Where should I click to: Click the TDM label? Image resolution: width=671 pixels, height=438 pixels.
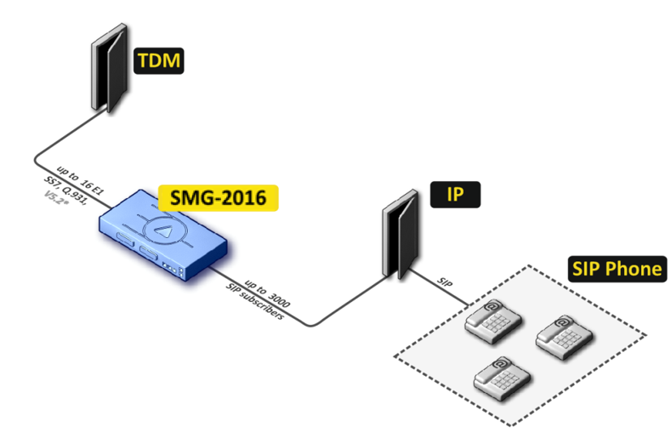point(160,61)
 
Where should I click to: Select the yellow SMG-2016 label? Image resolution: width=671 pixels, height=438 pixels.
point(218,197)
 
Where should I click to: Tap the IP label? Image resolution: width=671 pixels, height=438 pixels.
point(457,196)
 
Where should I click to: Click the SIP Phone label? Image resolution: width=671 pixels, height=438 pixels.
point(617,270)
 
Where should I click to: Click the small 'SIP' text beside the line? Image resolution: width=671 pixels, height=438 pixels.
point(447,280)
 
